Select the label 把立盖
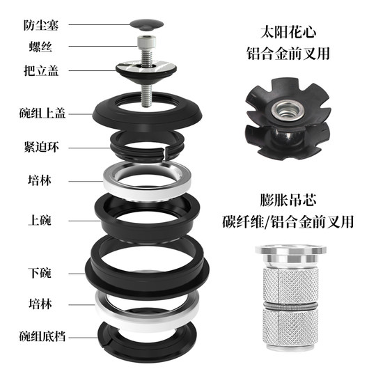coord(38,71)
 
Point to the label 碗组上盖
coord(42,113)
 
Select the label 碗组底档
coord(42,338)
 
